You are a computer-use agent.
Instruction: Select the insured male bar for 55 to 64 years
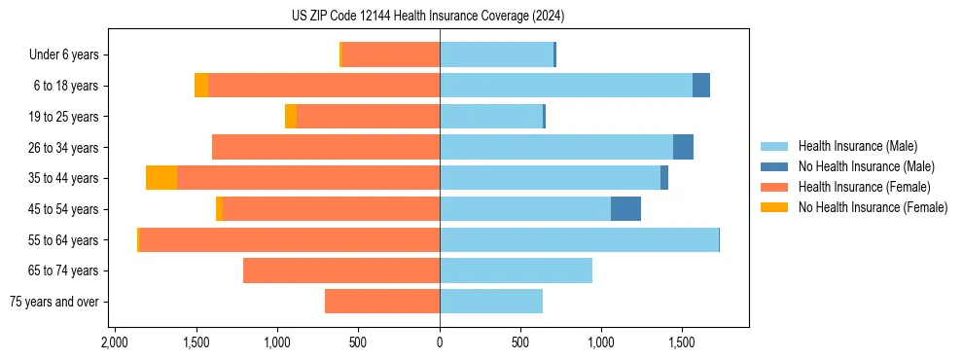point(579,239)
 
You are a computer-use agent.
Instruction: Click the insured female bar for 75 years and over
point(382,302)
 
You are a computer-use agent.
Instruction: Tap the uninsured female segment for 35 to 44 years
point(161,178)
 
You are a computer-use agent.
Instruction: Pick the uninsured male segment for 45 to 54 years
point(625,208)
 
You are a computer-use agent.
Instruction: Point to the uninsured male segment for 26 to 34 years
point(683,147)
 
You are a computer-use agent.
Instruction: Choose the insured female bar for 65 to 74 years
point(341,270)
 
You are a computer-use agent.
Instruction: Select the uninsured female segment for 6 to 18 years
point(201,86)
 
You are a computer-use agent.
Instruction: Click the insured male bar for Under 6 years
point(496,54)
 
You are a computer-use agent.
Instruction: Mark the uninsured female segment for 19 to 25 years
point(291,117)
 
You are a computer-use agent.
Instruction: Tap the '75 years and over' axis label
point(54,303)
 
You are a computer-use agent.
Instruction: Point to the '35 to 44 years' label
point(65,179)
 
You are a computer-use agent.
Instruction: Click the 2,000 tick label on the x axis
point(115,342)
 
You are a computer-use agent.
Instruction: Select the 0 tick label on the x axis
point(440,342)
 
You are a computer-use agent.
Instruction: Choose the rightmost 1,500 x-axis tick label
point(683,342)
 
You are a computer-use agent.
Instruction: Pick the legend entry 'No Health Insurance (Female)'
point(873,207)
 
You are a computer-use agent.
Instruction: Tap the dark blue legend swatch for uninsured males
point(775,166)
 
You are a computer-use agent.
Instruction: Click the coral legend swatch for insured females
point(775,187)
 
